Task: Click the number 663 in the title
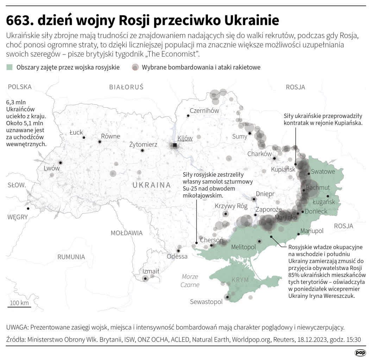pos(19,21)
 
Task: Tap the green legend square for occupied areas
pos(10,67)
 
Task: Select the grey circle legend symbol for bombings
pos(135,67)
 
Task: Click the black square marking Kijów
pos(175,145)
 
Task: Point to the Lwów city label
pos(51,168)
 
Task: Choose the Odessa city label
pos(177,256)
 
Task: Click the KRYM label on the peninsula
pos(240,280)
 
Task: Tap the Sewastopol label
pos(206,302)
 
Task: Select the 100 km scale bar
pos(19,307)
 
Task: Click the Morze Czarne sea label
pos(190,281)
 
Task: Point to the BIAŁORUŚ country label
pos(126,87)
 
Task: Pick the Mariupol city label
pos(311,231)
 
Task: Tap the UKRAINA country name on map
pos(151,185)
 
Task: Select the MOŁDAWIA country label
pos(126,233)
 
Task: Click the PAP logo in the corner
pos(360,353)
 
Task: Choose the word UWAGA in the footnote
pos(17,327)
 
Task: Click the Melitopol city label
pos(243,247)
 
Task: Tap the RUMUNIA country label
pos(71,257)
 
